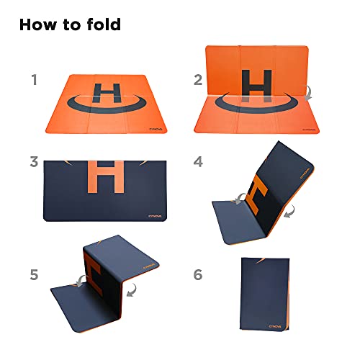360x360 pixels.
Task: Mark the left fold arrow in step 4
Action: point(239,199)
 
